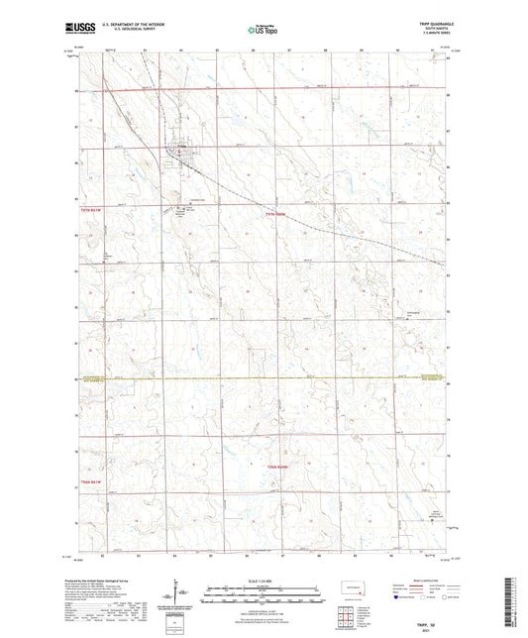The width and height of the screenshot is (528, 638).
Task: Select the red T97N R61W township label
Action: (91, 211)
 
